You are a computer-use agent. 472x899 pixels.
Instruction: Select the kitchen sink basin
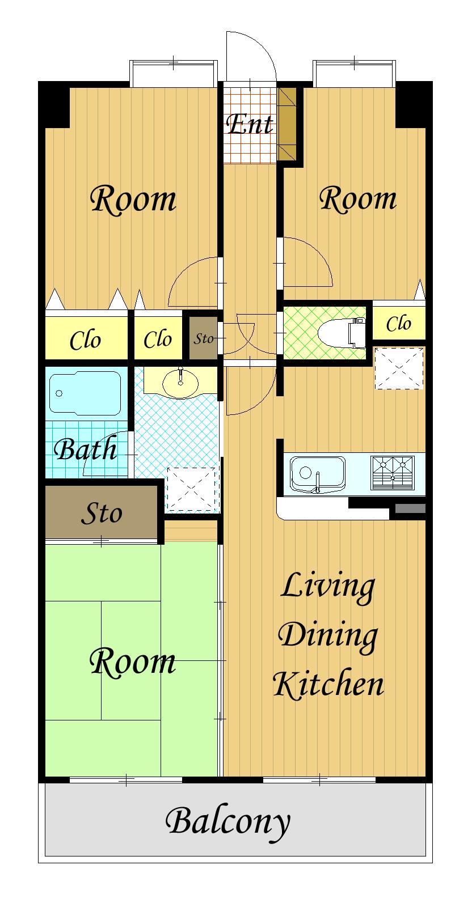click(318, 473)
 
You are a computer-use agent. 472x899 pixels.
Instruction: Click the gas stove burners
click(393, 473)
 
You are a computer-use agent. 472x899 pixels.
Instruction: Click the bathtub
click(85, 393)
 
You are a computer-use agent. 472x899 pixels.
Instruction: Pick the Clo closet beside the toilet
click(398, 323)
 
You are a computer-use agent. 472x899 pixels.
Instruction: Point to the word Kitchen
click(328, 684)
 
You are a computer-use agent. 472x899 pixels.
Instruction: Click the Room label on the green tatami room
click(132, 663)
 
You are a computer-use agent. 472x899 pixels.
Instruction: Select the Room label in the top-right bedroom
click(358, 198)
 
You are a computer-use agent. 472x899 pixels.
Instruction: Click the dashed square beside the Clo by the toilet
click(399, 368)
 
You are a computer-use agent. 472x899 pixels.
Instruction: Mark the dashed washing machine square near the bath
click(193, 490)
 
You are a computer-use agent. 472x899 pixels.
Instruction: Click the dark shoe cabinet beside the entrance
click(287, 124)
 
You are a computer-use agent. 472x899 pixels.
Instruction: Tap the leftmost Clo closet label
click(85, 341)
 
